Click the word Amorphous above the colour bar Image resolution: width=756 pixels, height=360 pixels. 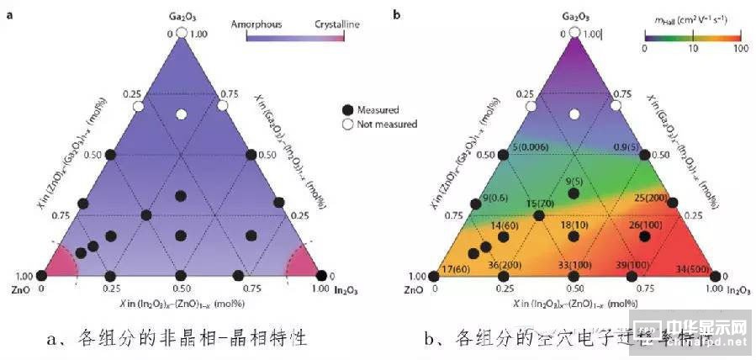(x=257, y=24)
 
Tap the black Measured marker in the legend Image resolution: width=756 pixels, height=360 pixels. (x=348, y=109)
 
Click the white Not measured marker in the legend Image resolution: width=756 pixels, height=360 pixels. (x=348, y=124)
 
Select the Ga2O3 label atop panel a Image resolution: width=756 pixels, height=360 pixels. (x=182, y=16)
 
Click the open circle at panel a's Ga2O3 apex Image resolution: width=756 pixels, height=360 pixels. (x=182, y=33)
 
